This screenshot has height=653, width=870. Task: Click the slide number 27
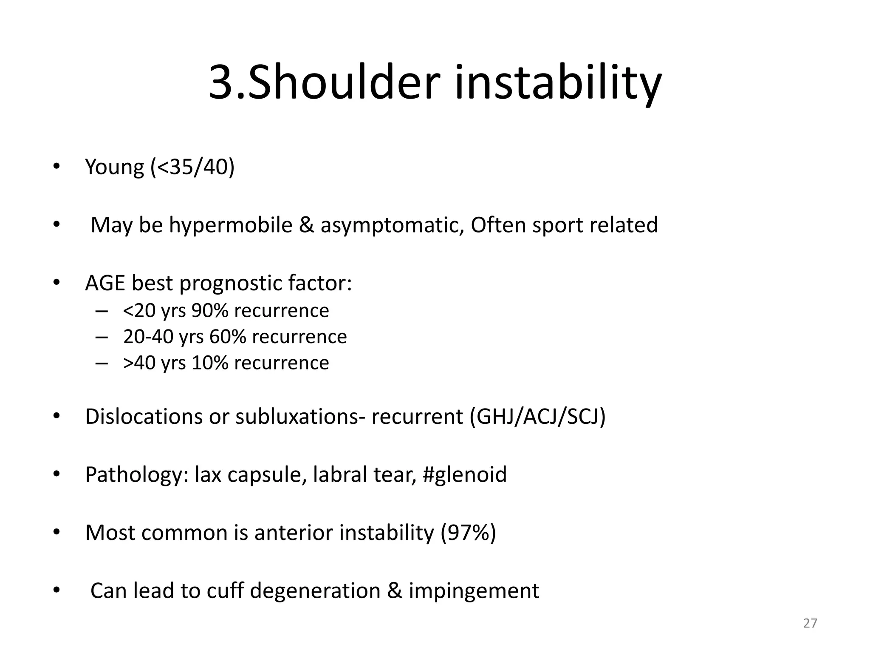(810, 623)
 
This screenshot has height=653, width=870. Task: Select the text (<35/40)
(192, 167)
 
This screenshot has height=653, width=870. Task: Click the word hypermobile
(231, 225)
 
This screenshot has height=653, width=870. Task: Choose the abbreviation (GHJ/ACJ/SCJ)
(537, 417)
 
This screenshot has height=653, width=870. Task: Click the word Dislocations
(144, 417)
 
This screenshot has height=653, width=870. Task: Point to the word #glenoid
(465, 474)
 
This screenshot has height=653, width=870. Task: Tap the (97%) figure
(468, 533)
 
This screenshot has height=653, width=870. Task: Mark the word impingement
(474, 591)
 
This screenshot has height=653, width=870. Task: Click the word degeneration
(315, 591)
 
